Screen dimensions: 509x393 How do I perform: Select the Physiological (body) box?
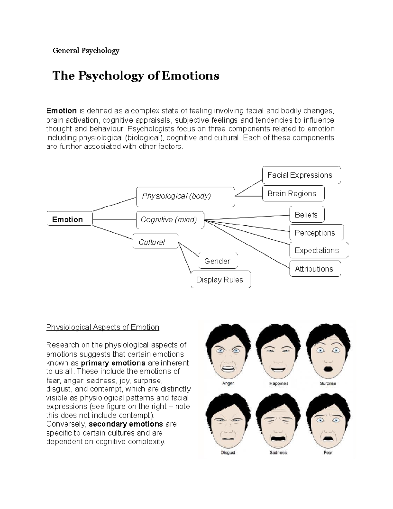(x=185, y=196)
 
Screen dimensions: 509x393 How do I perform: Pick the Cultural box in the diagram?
(x=155, y=242)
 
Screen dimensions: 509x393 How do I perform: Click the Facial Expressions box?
(x=301, y=175)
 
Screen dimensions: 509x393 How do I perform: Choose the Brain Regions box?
(x=293, y=193)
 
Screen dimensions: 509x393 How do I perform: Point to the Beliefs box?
(x=307, y=215)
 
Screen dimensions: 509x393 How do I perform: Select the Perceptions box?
(x=316, y=233)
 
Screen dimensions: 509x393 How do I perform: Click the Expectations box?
(x=317, y=250)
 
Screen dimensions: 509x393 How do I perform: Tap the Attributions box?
(x=314, y=269)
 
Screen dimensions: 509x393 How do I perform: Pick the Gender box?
(x=217, y=261)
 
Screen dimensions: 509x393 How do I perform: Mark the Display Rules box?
(x=220, y=280)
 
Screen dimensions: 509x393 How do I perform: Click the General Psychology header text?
(x=86, y=51)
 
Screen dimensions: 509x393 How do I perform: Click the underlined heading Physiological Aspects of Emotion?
(x=103, y=327)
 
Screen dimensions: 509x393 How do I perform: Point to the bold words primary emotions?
(x=113, y=363)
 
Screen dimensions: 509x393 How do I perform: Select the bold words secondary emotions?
(x=126, y=424)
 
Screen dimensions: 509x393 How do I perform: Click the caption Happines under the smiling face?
(x=278, y=383)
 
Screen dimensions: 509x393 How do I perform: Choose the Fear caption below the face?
(x=328, y=452)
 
